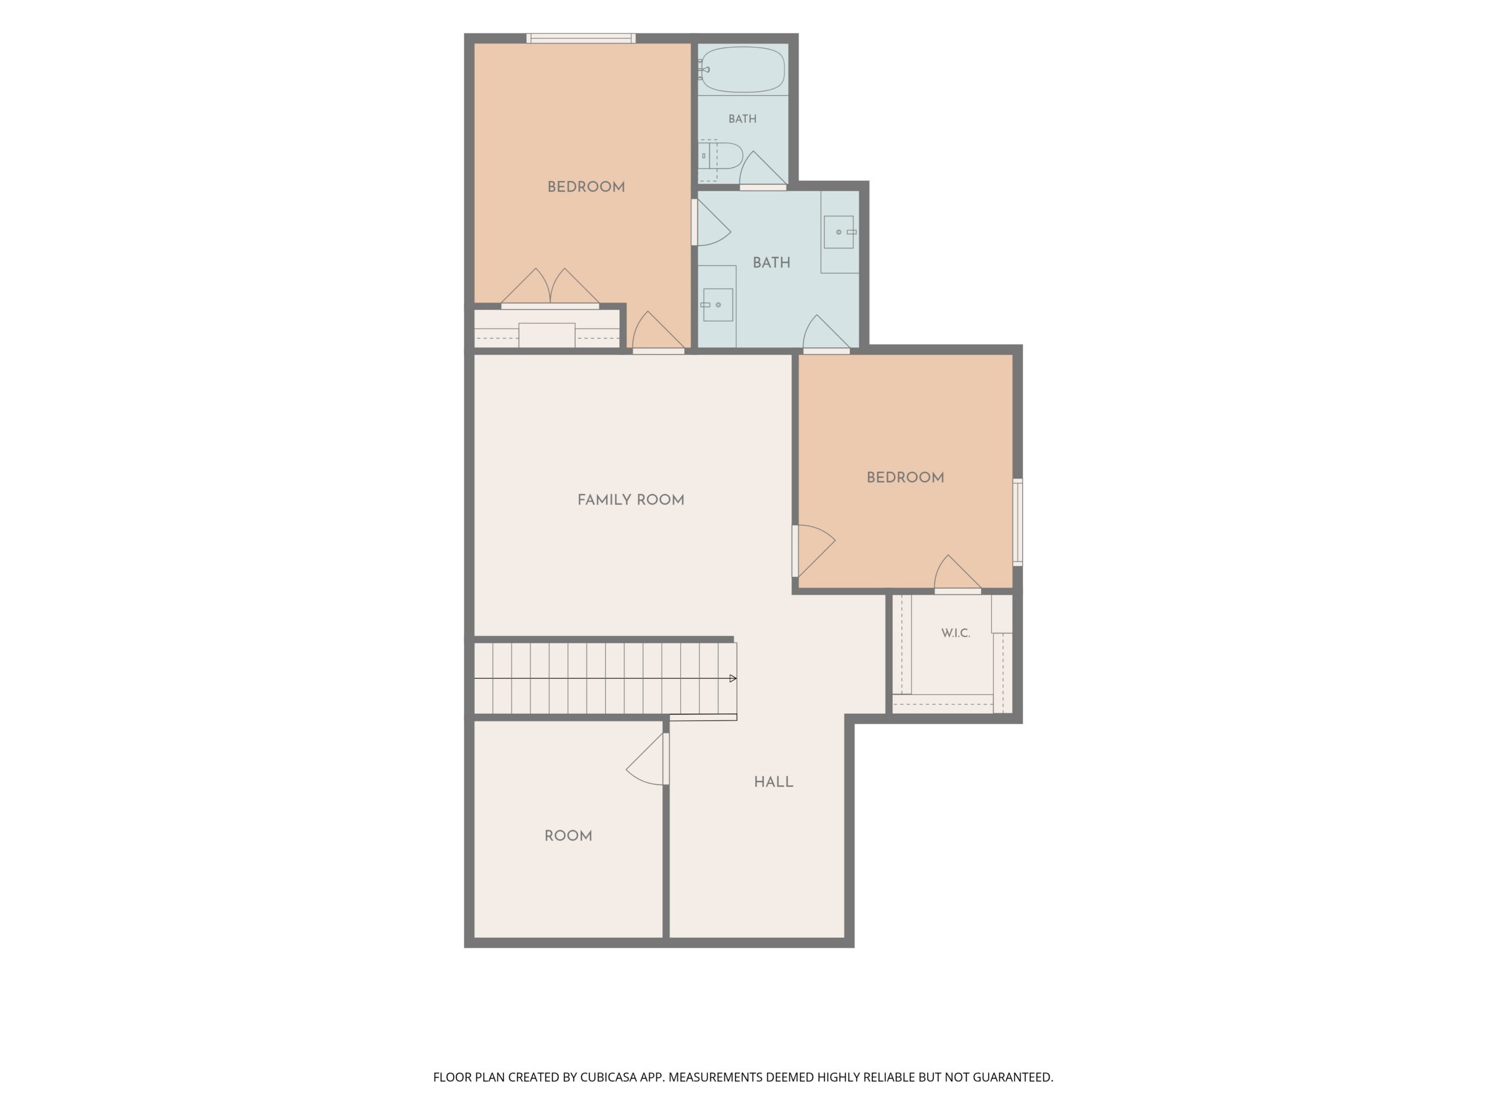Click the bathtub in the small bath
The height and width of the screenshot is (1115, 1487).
[x=742, y=69]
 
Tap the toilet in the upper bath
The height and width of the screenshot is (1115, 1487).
[x=720, y=156]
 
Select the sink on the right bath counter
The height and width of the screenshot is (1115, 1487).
[x=839, y=232]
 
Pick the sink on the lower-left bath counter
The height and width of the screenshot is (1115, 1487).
[x=717, y=305]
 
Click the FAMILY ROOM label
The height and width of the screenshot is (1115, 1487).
[x=631, y=500]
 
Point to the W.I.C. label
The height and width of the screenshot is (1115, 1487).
[x=956, y=633]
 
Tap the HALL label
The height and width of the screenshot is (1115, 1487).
[x=773, y=782]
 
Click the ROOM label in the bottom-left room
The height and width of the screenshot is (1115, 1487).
[x=568, y=836]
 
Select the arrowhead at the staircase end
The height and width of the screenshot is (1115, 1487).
[x=734, y=679]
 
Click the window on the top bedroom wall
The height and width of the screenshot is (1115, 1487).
[x=581, y=38]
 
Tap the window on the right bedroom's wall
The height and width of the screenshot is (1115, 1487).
[x=1018, y=522]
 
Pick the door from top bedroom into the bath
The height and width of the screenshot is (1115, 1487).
[x=710, y=222]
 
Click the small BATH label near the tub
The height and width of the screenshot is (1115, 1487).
[x=742, y=119]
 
